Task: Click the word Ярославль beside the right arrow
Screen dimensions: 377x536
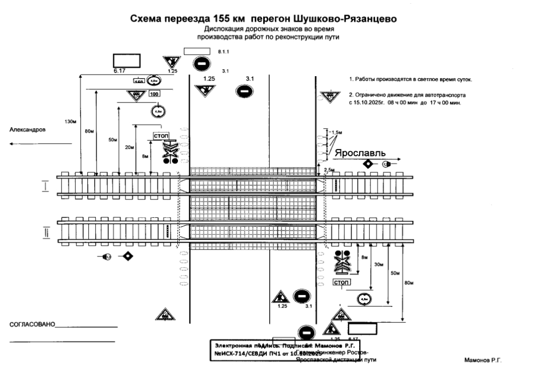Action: point(360,153)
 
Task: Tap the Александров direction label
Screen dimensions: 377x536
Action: point(28,130)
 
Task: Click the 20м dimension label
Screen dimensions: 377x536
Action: point(128,147)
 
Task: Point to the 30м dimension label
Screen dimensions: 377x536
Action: point(379,264)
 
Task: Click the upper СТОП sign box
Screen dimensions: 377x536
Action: point(161,136)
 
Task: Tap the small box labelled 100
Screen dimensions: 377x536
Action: point(154,94)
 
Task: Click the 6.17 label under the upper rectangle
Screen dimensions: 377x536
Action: point(120,71)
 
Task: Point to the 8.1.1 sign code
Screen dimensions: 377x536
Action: point(223,51)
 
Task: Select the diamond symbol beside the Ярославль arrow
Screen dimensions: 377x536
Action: point(368,164)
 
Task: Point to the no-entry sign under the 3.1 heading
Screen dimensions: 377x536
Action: point(243,91)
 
